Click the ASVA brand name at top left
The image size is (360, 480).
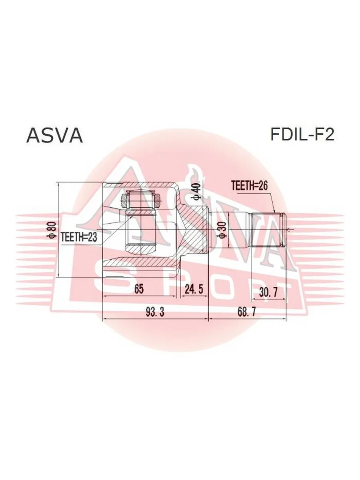coord(54,135)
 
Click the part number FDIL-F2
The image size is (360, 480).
coord(302,134)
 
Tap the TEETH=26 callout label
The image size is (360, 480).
coord(250,186)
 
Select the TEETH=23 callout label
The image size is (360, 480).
coord(79,237)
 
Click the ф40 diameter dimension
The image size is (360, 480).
coord(196,191)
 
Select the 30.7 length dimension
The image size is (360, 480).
coord(268,292)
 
